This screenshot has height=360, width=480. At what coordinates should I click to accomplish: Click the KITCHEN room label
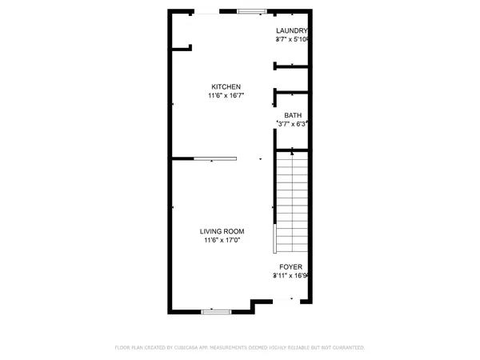click(x=226, y=87)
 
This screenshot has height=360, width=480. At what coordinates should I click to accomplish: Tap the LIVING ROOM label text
click(x=222, y=231)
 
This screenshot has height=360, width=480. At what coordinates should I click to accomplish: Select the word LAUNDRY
click(x=291, y=30)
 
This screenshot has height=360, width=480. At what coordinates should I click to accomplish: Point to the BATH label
click(x=292, y=115)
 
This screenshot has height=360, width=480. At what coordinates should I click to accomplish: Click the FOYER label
click(x=290, y=267)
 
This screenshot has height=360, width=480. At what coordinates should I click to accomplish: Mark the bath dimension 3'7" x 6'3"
click(x=292, y=124)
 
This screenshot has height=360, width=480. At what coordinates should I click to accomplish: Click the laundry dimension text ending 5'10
click(x=292, y=39)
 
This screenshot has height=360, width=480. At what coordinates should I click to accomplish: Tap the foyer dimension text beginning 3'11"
click(x=290, y=276)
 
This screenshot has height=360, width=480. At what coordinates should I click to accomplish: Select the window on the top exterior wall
click(x=253, y=11)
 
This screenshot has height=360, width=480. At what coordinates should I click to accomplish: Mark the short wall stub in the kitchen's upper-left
click(x=183, y=46)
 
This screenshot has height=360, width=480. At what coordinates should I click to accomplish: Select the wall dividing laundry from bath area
click(x=291, y=66)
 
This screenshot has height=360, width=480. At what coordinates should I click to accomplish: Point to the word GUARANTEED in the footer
click(x=347, y=348)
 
